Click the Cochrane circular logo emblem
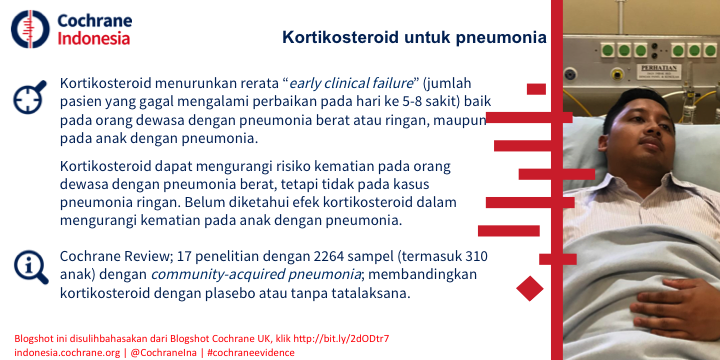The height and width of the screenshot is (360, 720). (x=30, y=29)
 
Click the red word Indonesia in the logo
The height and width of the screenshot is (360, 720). (x=94, y=38)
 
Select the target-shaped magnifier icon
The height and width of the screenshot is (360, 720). (x=30, y=97)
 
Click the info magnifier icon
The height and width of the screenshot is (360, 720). (x=31, y=267)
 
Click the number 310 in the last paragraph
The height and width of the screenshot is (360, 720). (x=476, y=256)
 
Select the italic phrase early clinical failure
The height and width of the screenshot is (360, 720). (x=351, y=84)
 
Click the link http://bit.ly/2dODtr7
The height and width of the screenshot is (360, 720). (x=342, y=339)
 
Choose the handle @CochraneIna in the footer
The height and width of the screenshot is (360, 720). (x=163, y=353)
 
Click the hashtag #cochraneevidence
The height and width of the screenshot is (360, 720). (x=251, y=353)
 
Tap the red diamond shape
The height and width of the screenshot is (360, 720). (x=530, y=288)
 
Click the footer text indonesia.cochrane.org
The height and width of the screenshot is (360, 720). (x=66, y=353)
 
